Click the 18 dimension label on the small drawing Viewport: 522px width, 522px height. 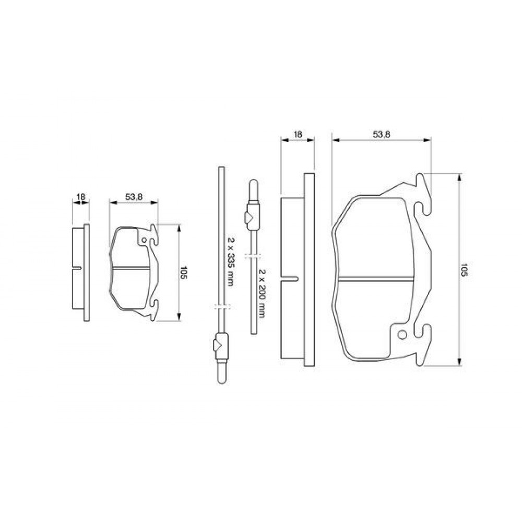point(81,197)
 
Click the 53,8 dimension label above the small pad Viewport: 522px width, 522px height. point(134,197)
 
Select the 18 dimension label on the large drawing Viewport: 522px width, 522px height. point(298,134)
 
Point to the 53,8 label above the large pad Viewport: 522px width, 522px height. point(381,134)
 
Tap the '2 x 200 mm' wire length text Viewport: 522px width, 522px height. point(262,293)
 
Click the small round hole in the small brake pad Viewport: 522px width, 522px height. point(144,240)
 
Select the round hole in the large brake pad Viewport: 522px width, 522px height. point(402,335)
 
